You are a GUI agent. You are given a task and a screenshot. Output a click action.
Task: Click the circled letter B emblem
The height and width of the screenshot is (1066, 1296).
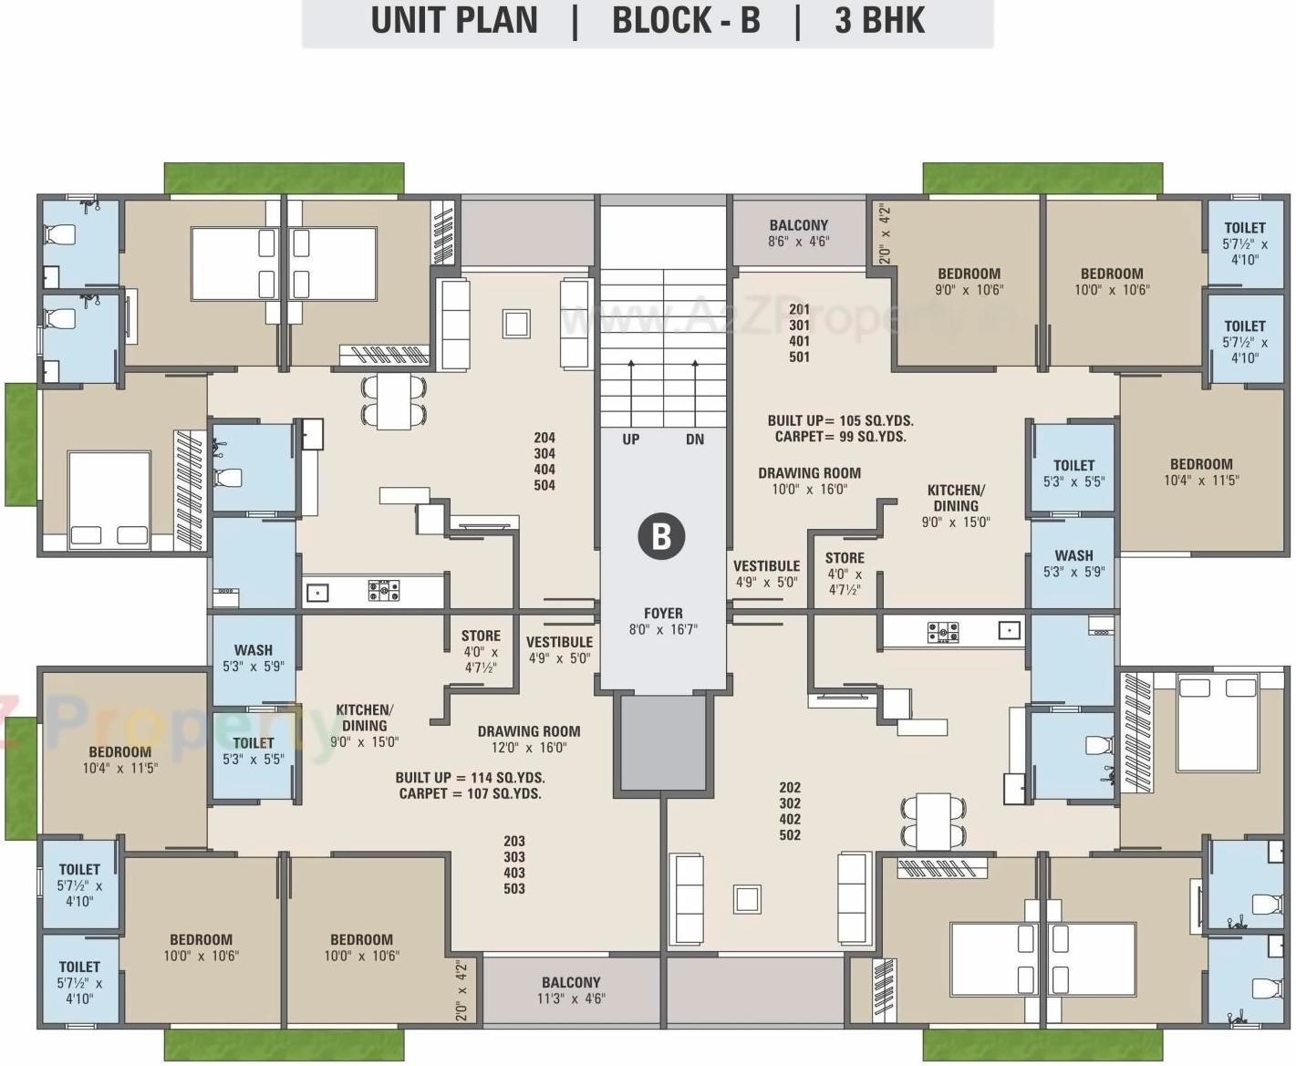[x=661, y=536]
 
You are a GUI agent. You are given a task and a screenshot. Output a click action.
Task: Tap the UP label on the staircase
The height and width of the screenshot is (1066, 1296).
[x=630, y=440]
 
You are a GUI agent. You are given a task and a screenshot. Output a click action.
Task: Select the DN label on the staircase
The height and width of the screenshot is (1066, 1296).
[x=695, y=440]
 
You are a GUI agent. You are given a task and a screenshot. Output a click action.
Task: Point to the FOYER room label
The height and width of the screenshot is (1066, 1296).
[x=663, y=614]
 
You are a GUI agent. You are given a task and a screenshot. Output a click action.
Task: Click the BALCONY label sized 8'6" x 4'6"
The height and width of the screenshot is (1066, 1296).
[x=798, y=225]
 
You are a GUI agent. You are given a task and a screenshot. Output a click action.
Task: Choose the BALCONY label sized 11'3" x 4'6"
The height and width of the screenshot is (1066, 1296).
[x=571, y=983]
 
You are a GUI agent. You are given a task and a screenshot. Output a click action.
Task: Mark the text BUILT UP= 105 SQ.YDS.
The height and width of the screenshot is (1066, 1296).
[x=840, y=420]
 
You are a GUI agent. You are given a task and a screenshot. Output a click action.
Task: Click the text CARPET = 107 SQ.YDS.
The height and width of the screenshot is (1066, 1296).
[x=470, y=794]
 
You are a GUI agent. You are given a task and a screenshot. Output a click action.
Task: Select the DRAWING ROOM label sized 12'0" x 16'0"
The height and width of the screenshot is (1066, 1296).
[x=529, y=731]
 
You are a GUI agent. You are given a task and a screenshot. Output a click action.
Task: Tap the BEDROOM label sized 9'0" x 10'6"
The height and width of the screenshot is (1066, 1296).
[x=969, y=274]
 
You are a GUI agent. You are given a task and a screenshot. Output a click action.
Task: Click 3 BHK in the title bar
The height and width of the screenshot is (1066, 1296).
[x=879, y=21]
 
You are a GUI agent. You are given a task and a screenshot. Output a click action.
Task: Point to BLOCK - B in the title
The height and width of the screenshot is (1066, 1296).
[x=686, y=21]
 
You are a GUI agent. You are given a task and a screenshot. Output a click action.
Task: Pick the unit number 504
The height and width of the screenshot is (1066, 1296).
[x=544, y=486]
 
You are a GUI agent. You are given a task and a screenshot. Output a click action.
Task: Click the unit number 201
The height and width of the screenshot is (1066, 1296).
[x=799, y=310]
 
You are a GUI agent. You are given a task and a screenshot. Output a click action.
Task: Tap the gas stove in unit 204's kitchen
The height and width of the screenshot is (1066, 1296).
[x=384, y=591]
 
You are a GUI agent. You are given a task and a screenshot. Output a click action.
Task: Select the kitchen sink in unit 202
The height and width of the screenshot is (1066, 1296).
[x=1009, y=630]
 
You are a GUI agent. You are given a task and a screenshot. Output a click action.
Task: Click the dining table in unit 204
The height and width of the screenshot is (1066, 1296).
[x=394, y=401]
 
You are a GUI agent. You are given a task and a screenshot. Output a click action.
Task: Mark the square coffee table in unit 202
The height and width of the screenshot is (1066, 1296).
[x=747, y=899]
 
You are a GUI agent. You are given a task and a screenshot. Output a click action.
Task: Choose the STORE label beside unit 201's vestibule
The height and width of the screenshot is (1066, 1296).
[x=845, y=558]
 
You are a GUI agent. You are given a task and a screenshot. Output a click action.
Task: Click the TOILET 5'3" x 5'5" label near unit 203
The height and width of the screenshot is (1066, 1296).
[x=253, y=743]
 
